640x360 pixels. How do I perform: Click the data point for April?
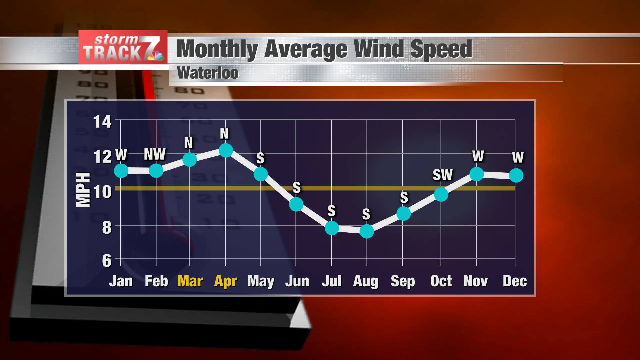click(226, 150)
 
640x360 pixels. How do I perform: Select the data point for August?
click(367, 231)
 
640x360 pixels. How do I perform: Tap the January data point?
click(121, 171)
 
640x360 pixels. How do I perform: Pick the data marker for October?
click(441, 194)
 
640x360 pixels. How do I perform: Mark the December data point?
click(516, 175)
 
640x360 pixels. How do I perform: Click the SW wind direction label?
click(443, 175)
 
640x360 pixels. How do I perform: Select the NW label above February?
click(155, 154)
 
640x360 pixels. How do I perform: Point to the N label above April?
click(224, 134)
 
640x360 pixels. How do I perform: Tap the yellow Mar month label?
click(190, 281)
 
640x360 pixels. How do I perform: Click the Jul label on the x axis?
click(331, 281)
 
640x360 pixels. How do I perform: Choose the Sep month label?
click(403, 282)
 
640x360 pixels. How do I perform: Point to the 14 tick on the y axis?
click(102, 122)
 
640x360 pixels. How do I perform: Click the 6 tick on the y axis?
click(107, 261)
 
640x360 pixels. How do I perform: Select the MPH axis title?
click(83, 190)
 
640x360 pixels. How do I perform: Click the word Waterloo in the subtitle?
click(208, 73)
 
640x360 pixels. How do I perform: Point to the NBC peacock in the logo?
click(156, 55)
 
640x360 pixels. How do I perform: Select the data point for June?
click(296, 204)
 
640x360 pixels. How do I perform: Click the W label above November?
click(478, 156)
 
